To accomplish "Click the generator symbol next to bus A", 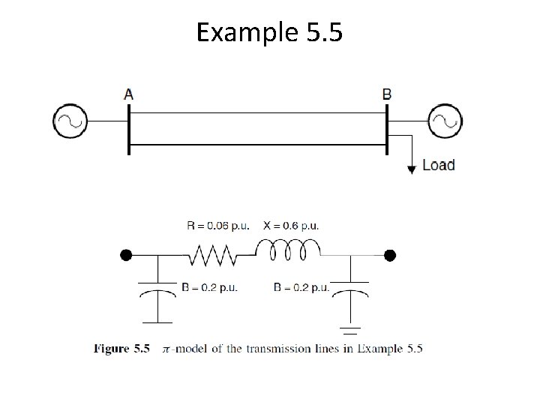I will tap(70, 120).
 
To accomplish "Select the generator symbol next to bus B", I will tap(445, 120).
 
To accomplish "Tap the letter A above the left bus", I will tap(129, 94).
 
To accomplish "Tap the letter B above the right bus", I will tap(386, 94).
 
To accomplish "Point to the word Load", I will tap(438, 165).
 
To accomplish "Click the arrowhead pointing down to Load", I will tap(412, 169).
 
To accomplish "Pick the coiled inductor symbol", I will tap(289, 249).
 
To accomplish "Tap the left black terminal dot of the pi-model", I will tap(127, 256).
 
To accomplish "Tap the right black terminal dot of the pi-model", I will tap(388, 256).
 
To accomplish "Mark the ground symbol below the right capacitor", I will tap(351, 328).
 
